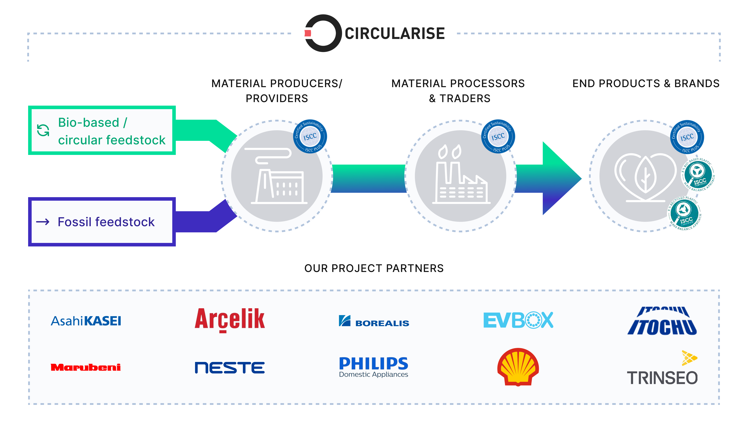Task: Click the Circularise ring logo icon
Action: pyautogui.click(x=323, y=33)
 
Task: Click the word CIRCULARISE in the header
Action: pyautogui.click(x=394, y=33)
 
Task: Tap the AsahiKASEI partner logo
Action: pyautogui.click(x=86, y=321)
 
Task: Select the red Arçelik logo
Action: pyautogui.click(x=230, y=319)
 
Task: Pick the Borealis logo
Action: pyautogui.click(x=374, y=321)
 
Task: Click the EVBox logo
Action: pyautogui.click(x=518, y=320)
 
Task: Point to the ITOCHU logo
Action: pyautogui.click(x=662, y=321)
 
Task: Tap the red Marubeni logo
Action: pyautogui.click(x=86, y=367)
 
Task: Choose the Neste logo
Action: pyautogui.click(x=230, y=367)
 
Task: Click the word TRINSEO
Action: pyautogui.click(x=662, y=378)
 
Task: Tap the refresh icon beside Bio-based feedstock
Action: pyautogui.click(x=43, y=130)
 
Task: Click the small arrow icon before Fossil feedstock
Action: pyautogui.click(x=43, y=222)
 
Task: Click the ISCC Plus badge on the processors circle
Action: pyautogui.click(x=498, y=136)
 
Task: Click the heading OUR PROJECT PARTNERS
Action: pyautogui.click(x=374, y=268)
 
